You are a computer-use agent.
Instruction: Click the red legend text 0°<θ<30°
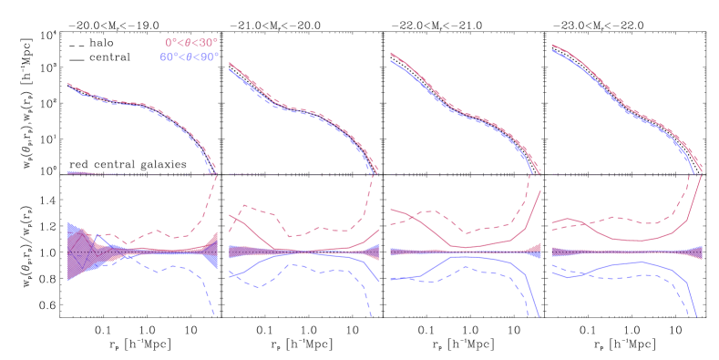pos(191,43)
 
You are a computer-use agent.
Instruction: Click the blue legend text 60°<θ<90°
pos(190,57)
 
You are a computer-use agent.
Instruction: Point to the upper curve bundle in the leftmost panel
pos(137,104)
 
